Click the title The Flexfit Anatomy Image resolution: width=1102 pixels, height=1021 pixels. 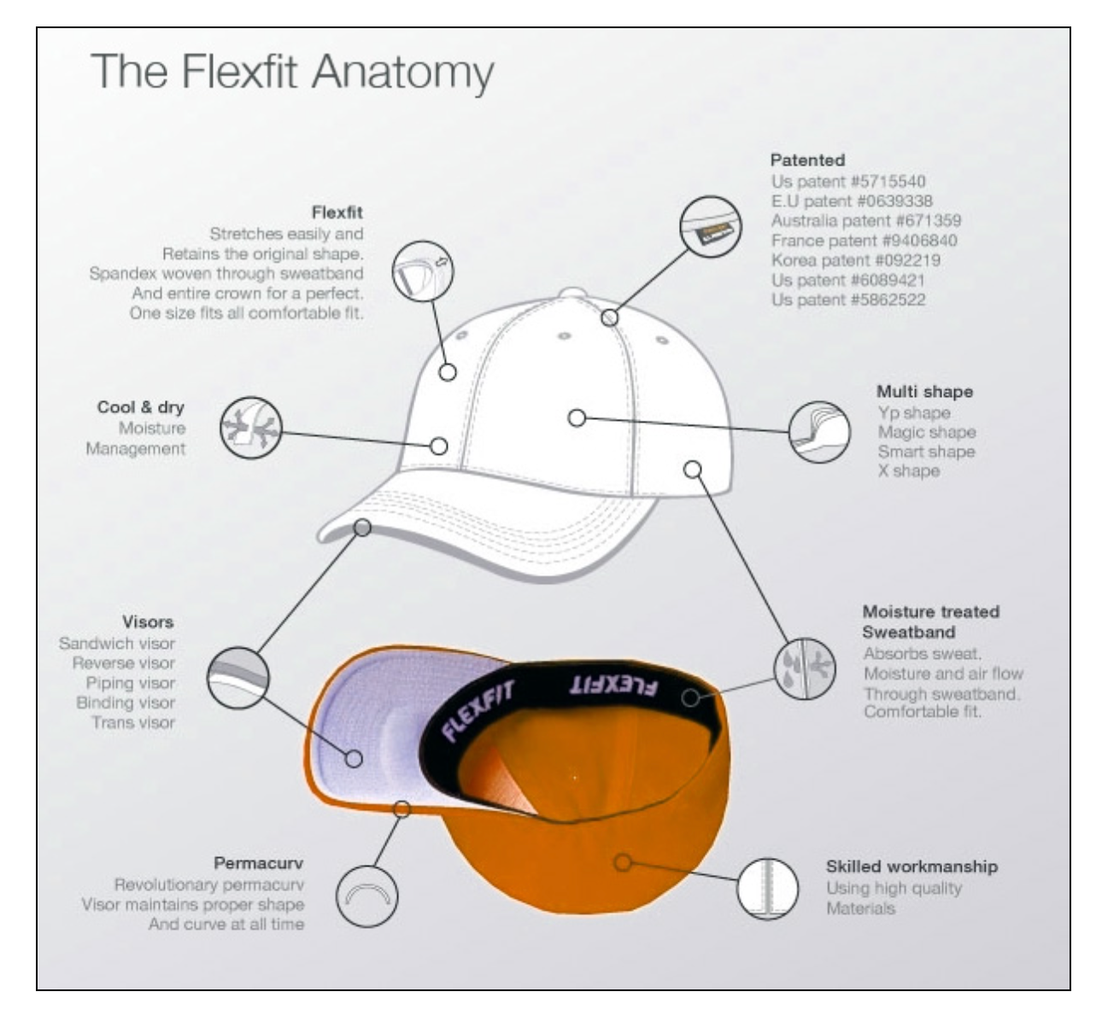tap(292, 71)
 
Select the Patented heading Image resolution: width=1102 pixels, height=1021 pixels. tap(807, 160)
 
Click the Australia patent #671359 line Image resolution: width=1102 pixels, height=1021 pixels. tap(865, 220)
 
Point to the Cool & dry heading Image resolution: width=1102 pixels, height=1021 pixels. tap(140, 407)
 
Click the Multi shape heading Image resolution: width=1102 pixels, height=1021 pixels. tap(924, 392)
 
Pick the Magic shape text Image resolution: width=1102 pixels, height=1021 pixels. tap(926, 432)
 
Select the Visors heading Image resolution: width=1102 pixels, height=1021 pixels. tap(148, 621)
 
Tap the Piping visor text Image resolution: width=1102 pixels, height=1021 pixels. tap(130, 683)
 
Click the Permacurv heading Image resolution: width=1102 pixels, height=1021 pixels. tap(258, 863)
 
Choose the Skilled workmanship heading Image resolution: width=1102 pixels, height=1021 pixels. tap(911, 866)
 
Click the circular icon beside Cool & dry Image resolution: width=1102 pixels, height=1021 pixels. tap(250, 427)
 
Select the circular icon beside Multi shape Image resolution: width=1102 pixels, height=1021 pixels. tap(818, 433)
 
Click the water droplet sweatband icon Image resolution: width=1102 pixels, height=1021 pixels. tap(805, 668)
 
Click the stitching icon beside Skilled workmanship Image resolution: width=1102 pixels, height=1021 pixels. tap(767, 889)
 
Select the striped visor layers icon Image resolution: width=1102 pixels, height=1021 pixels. tap(238, 678)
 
